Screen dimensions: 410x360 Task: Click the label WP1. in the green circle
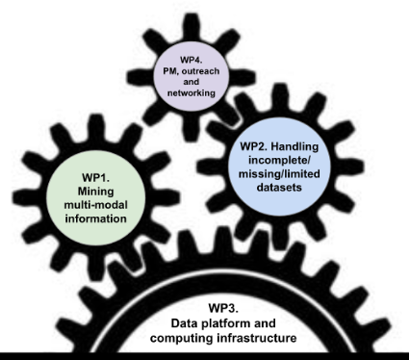coord(95,177)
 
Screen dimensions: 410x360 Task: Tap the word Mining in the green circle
coord(95,192)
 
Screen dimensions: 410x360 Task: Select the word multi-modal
coord(95,205)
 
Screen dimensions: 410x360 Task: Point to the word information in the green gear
coord(95,219)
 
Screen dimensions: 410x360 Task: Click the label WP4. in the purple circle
coord(191,60)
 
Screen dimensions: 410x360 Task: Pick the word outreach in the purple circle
coord(200,71)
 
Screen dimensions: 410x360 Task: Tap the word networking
coord(191,93)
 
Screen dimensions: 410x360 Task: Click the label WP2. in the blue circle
coord(254,146)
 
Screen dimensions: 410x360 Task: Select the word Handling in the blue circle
coord(295,146)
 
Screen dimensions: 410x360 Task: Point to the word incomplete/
coord(279,160)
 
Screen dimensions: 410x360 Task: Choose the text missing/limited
coord(279,173)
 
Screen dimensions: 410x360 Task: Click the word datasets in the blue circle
coord(279,187)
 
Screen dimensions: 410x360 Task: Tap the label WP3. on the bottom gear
coord(223,308)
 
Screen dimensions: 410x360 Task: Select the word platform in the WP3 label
coord(226,323)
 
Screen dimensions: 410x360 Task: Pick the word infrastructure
coord(257,338)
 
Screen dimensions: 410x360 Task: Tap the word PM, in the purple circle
coord(171,71)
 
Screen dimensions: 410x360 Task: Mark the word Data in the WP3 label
coord(185,323)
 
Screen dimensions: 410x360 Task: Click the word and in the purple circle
coord(191,82)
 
